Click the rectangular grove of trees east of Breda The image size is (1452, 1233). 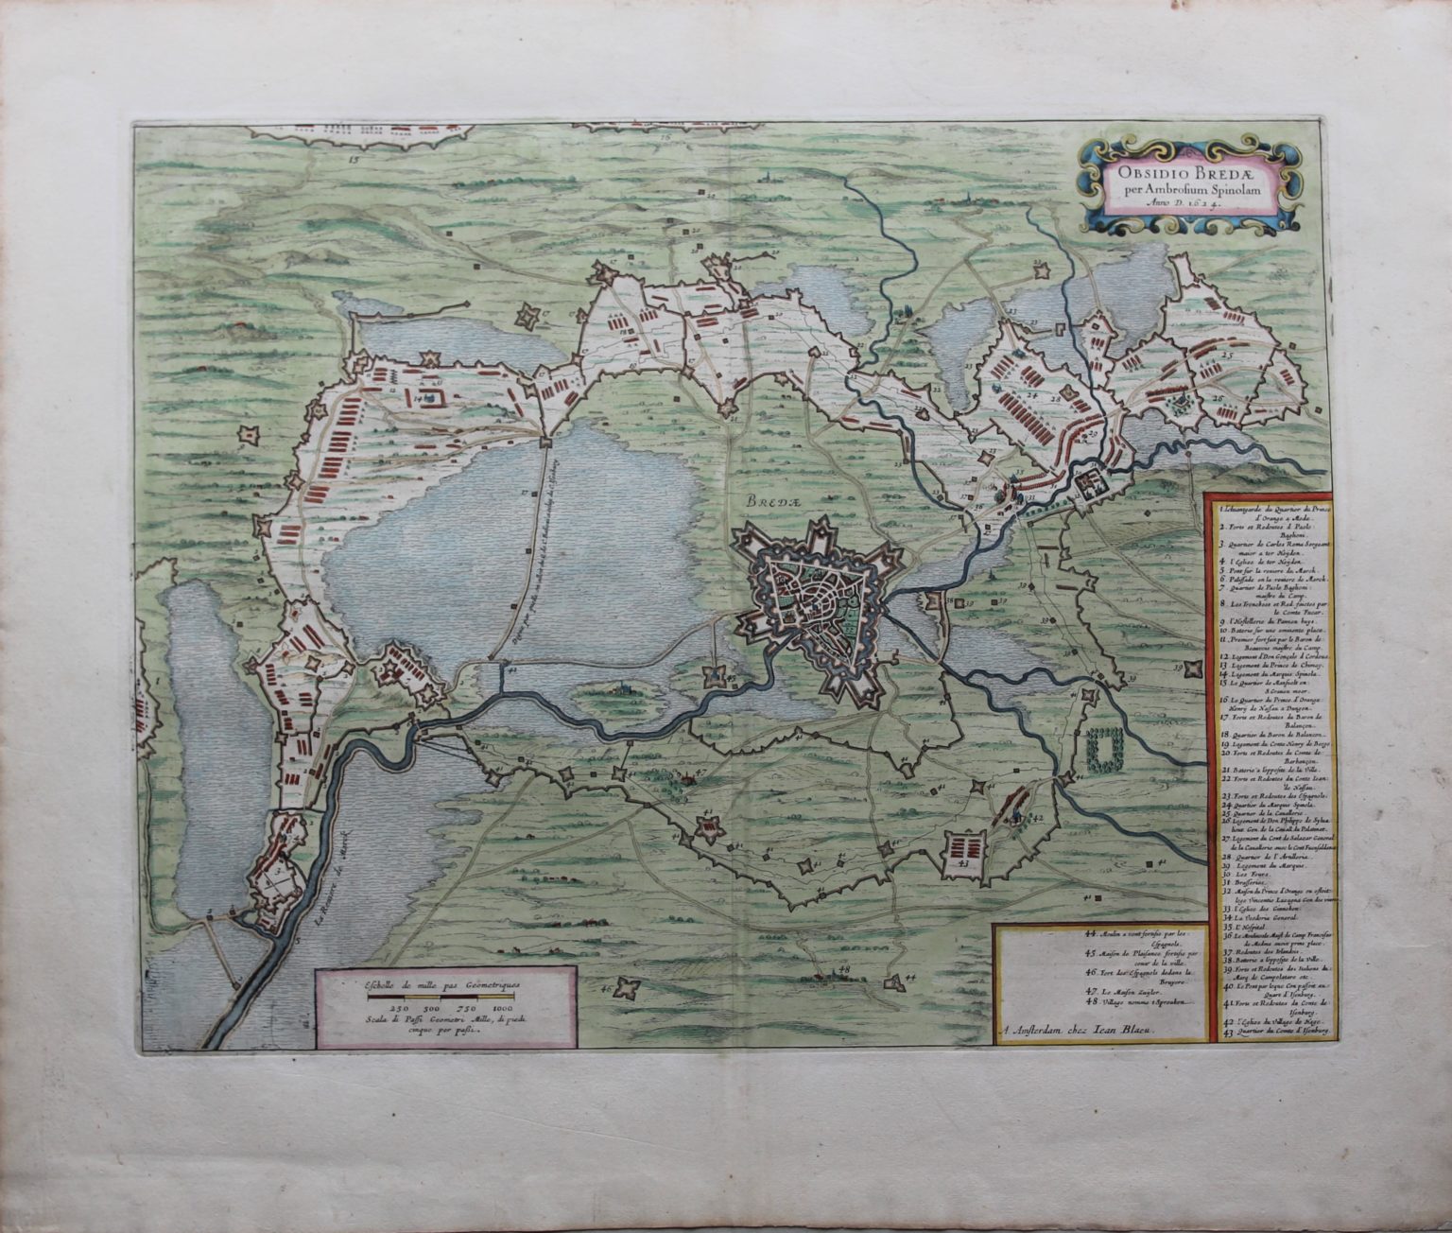1102,750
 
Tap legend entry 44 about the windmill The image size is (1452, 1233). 1142,937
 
